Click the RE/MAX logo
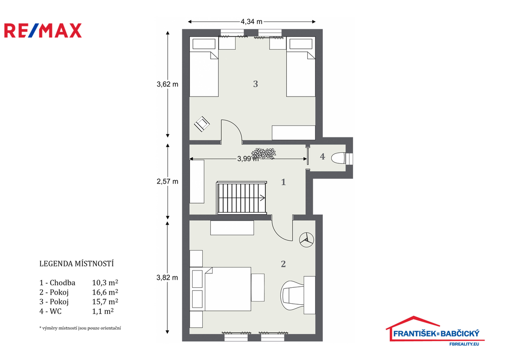coord(43,30)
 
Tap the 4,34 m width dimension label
coord(252,21)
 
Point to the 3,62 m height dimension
coord(167,84)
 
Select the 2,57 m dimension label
coord(167,181)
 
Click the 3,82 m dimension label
coord(167,277)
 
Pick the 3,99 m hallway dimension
coord(248,159)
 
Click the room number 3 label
coord(255,84)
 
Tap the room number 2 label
coord(283,264)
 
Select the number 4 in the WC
coord(322,156)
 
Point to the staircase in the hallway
coord(242,198)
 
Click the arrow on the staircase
coord(262,197)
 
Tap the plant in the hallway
coord(263,153)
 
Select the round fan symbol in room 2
coord(306,240)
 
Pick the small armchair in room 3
coord(202,124)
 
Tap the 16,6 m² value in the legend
coord(105,292)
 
